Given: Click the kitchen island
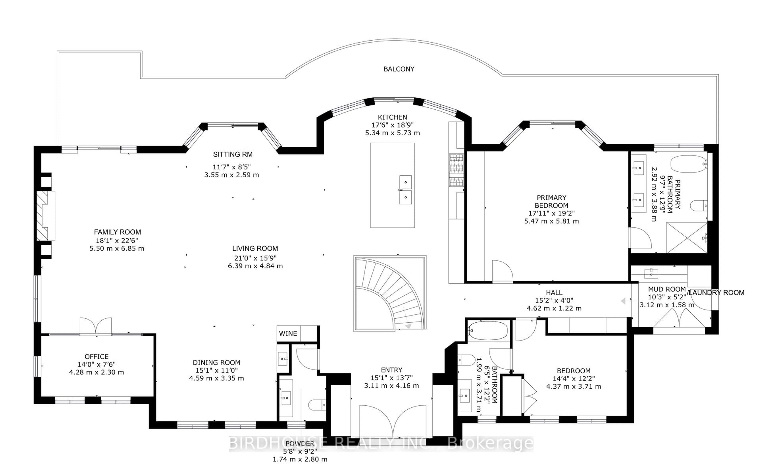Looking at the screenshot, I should click(392, 185).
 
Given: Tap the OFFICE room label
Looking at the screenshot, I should click(96, 357).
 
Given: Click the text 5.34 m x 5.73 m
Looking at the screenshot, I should click(392, 133).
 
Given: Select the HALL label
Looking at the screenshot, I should click(554, 292).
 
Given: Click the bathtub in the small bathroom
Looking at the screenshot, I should click(487, 330).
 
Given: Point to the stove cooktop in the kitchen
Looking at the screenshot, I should click(456, 170).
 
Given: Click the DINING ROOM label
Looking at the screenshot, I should click(216, 362).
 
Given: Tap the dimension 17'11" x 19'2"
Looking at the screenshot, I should click(551, 213).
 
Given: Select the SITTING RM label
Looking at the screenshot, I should click(233, 154).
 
